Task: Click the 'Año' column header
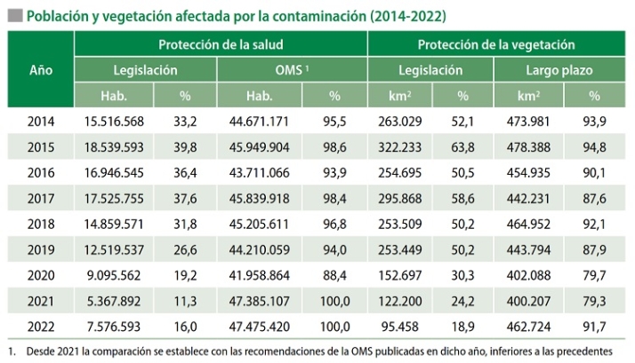tap(40, 69)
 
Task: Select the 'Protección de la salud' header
tap(221, 44)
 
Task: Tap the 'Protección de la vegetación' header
tap(496, 44)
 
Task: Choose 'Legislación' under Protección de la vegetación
tap(430, 70)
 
